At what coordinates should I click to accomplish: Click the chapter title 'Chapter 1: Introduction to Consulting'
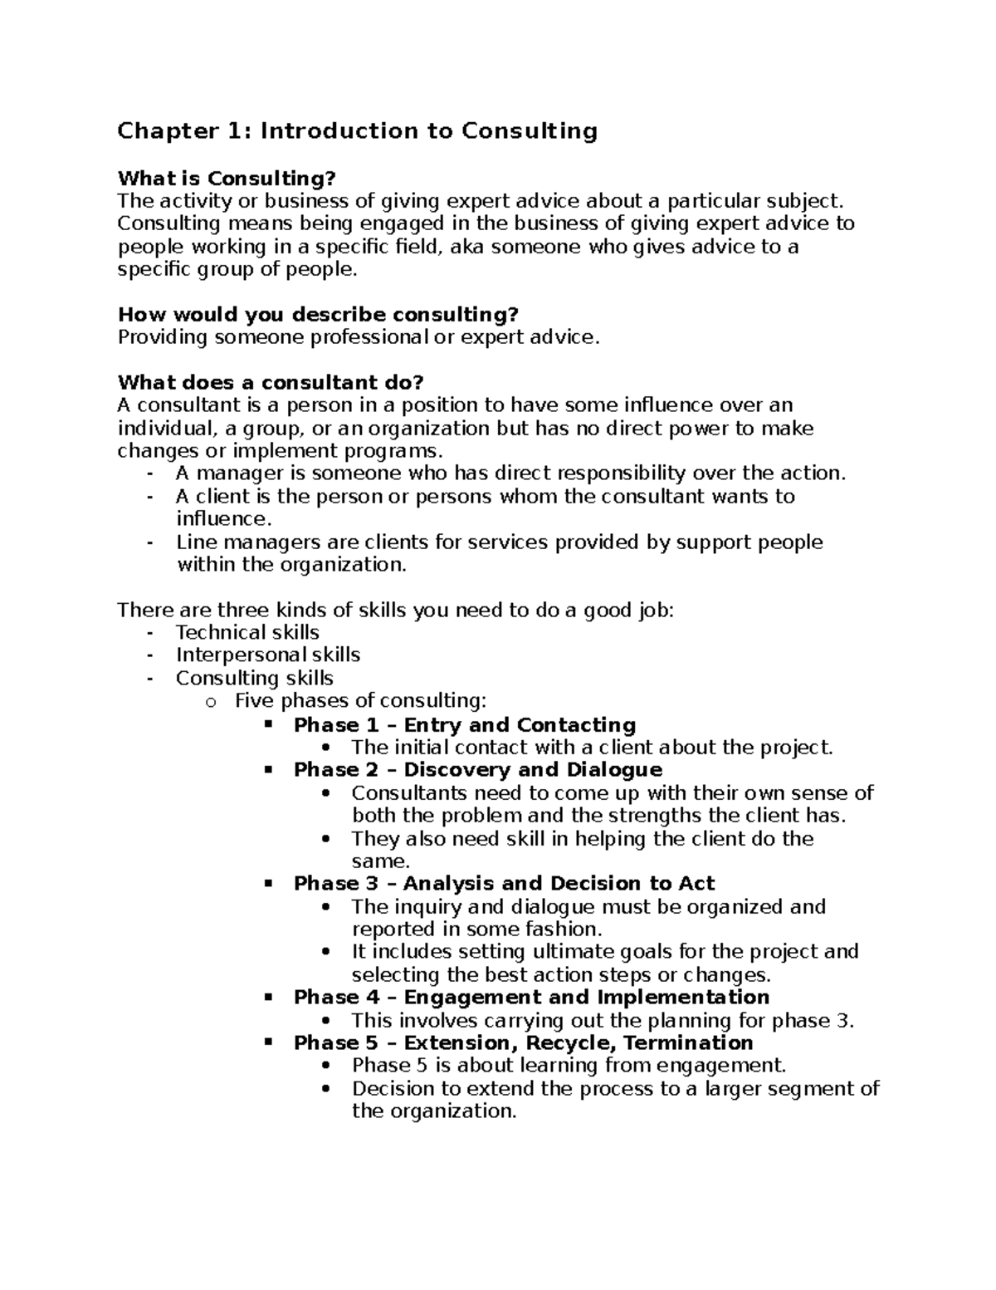[x=357, y=131]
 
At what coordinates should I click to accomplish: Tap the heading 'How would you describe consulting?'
[x=318, y=315]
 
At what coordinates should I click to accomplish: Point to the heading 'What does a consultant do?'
[x=271, y=383]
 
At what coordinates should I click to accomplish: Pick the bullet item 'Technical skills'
[x=247, y=632]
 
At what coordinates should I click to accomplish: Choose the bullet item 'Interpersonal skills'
[x=268, y=655]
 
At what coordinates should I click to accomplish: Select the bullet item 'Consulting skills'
[x=254, y=678]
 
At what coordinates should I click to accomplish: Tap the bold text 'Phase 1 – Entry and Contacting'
[x=465, y=724]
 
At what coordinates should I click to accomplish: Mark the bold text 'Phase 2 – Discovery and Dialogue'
[x=478, y=770]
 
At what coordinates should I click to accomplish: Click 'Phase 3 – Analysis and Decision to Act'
[x=504, y=884]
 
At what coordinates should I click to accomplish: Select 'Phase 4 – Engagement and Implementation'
[x=531, y=998]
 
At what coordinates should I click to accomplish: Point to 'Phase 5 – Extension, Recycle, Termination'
[x=523, y=1043]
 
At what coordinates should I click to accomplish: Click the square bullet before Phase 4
[x=268, y=997]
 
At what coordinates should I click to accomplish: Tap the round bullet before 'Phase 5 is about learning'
[x=328, y=1067]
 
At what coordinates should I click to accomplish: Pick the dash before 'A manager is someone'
[x=149, y=473]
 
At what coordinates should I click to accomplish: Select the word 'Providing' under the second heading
[x=163, y=337]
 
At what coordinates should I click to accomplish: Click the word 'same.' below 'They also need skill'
[x=381, y=861]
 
